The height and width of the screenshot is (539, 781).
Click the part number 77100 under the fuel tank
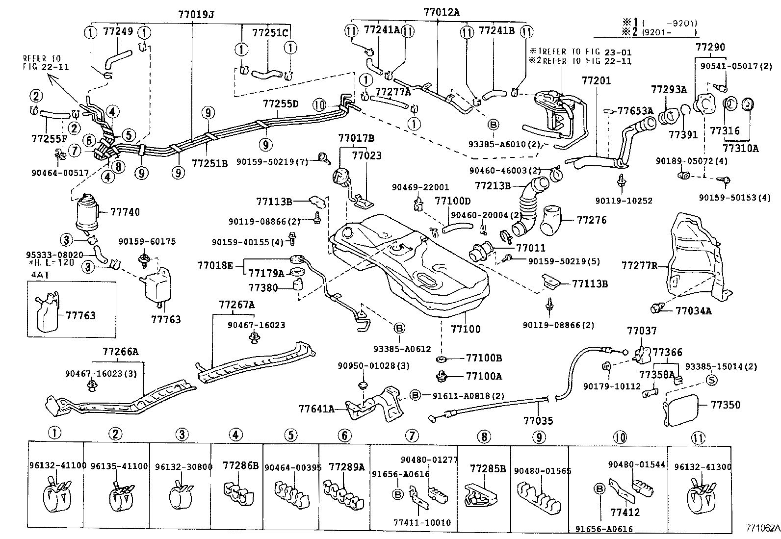(x=466, y=329)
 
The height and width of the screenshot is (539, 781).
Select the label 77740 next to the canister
(x=125, y=212)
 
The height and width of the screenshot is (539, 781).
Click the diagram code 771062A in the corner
(x=762, y=528)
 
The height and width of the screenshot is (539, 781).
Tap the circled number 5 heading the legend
(x=290, y=435)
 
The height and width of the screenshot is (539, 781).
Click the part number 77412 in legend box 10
(x=625, y=513)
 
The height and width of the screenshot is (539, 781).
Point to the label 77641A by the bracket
(x=316, y=409)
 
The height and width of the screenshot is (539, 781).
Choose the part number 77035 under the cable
(x=538, y=421)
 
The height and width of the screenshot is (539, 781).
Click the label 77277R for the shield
(x=639, y=266)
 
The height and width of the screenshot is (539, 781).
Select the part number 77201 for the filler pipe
(x=596, y=80)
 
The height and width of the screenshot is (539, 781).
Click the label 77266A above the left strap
(x=120, y=352)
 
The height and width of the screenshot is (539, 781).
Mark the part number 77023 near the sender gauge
(x=366, y=156)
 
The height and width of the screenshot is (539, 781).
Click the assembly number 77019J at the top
(x=196, y=15)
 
